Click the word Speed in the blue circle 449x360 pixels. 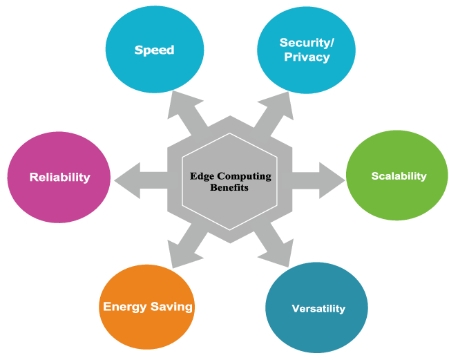coord(154,50)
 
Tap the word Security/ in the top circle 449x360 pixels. coord(307,43)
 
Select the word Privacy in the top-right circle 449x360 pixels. coord(307,57)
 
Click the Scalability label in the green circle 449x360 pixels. coord(399,176)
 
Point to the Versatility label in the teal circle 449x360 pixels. coord(318,308)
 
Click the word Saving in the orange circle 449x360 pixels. coord(172,306)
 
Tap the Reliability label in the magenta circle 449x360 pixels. coord(59,177)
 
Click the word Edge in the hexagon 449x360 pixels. coord(203,176)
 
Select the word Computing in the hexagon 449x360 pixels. coord(244,176)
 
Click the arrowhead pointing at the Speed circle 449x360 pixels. coord(179,102)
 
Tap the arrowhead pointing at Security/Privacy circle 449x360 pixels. coord(282,102)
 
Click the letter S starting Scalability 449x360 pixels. coord(375,176)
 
